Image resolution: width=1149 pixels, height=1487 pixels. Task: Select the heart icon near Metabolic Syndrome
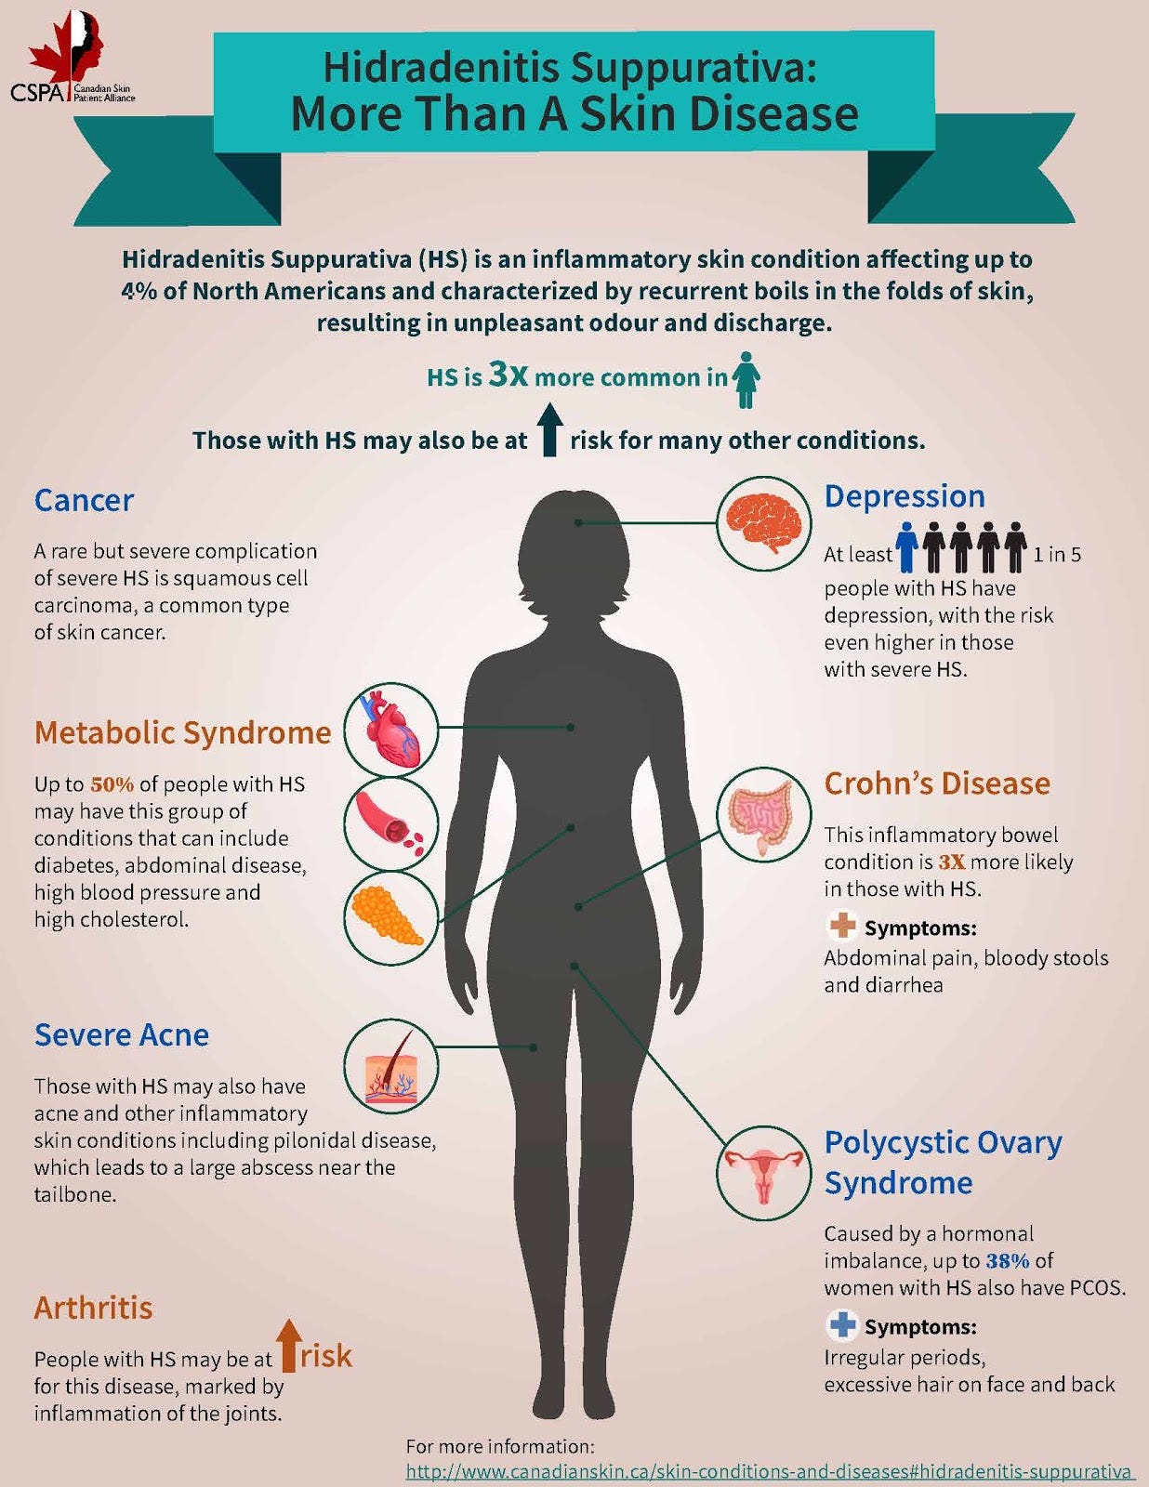click(x=391, y=730)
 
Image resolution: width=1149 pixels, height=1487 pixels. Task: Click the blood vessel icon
click(x=391, y=823)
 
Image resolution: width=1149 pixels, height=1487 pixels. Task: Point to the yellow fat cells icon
click(x=391, y=916)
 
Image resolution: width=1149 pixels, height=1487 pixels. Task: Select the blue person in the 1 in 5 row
click(x=907, y=547)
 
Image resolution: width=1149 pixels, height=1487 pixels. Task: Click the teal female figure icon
click(x=746, y=379)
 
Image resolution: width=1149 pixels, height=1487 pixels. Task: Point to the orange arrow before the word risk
click(x=288, y=1345)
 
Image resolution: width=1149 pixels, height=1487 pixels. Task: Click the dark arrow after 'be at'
click(x=549, y=429)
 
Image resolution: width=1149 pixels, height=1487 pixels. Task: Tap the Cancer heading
click(x=84, y=500)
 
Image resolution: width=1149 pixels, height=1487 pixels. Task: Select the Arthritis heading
click(x=93, y=1308)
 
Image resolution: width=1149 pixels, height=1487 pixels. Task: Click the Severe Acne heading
click(x=121, y=1034)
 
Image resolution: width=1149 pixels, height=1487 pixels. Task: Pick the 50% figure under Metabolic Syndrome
click(x=112, y=784)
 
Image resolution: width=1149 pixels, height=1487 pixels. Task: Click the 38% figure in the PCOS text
click(x=1008, y=1261)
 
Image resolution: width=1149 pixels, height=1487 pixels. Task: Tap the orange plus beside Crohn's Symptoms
click(x=842, y=926)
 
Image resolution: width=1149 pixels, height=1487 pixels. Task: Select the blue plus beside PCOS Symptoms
click(x=842, y=1324)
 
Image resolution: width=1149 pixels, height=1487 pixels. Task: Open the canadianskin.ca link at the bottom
click(x=769, y=1472)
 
